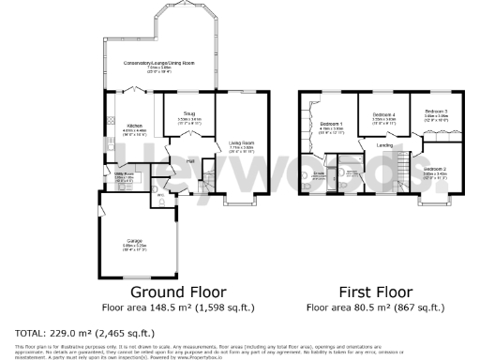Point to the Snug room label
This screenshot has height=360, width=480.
click(x=176, y=115)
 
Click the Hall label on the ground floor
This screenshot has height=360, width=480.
click(x=190, y=161)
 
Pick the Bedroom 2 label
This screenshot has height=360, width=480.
click(x=433, y=170)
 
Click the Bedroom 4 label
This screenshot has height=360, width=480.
click(x=382, y=115)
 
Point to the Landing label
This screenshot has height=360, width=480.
click(x=384, y=145)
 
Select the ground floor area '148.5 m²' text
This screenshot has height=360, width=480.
click(x=158, y=307)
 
